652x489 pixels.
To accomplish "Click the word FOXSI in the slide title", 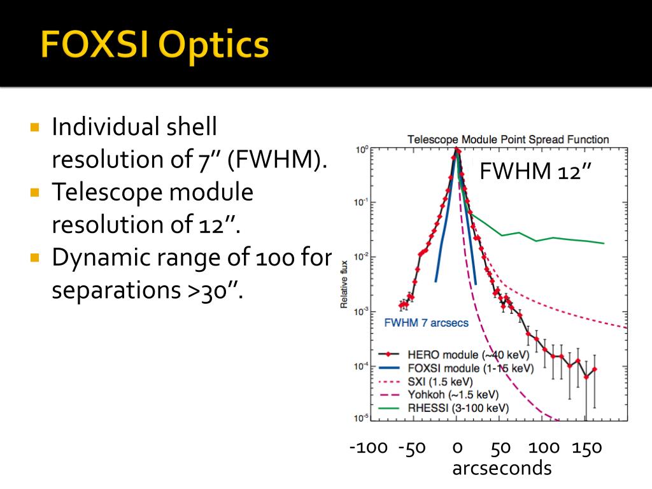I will coord(94,46).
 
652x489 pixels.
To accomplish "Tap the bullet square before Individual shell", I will coord(35,127).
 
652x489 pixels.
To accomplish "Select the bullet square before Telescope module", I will coord(35,192).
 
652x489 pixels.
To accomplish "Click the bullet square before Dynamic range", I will coord(35,258).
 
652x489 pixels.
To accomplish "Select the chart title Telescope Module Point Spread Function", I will coord(507,139).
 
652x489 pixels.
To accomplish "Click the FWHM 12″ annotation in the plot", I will coord(535,172).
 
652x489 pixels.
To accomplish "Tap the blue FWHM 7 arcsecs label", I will coord(426,323).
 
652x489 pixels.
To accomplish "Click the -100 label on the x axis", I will coord(369,448).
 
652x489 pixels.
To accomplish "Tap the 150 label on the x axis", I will coord(586,448).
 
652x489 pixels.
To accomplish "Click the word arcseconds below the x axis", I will coord(502,469).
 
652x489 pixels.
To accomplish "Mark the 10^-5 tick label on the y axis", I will coord(360,418).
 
